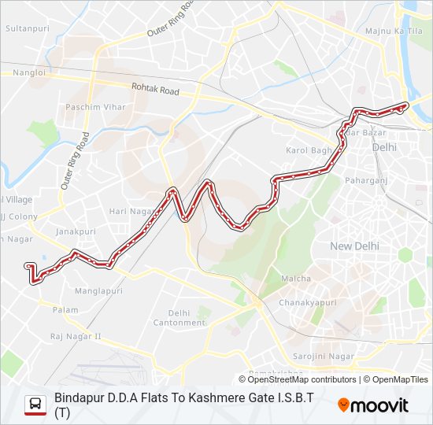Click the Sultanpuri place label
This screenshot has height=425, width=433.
[x=27, y=28]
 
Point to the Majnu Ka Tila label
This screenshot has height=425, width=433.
[x=394, y=30]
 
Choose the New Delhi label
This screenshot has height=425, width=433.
[x=354, y=246]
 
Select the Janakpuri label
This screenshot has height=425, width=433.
[x=76, y=231]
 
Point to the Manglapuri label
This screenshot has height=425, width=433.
[x=99, y=290]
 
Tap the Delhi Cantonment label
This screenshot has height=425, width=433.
[x=179, y=317]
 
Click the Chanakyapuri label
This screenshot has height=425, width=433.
[x=307, y=302]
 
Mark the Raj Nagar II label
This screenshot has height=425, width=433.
[x=76, y=336]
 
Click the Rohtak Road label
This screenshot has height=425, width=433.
[x=155, y=90]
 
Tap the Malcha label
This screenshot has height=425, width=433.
[x=296, y=279]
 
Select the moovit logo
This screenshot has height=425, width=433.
[x=373, y=405]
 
